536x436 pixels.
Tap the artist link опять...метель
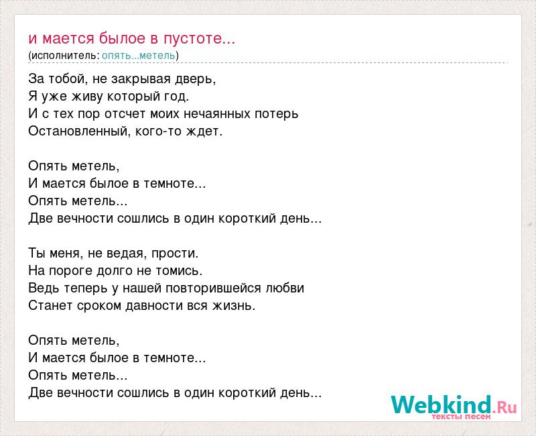139,56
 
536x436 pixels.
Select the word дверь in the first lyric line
196,79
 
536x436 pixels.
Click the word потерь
276,114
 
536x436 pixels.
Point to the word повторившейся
213,288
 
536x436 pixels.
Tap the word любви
285,288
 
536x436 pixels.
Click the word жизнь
234,306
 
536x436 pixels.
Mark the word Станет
51,306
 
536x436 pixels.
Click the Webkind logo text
441,405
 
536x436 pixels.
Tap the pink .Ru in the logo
505,408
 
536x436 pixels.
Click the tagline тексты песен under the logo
461,417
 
